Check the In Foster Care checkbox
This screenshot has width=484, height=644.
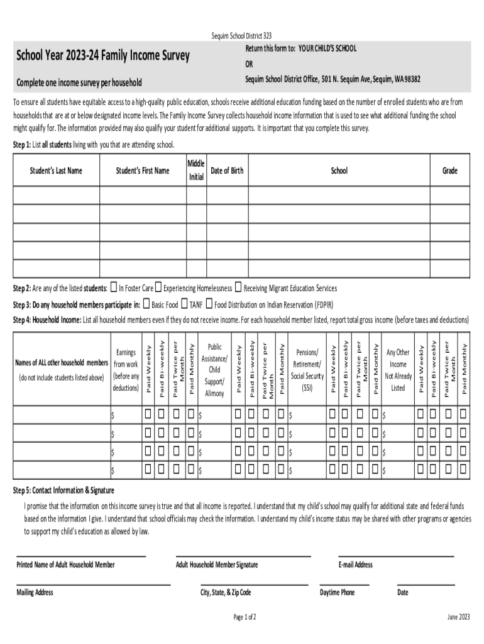(x=113, y=288)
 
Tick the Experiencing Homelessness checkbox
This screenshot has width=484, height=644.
(x=158, y=288)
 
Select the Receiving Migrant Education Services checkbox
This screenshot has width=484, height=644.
(x=238, y=288)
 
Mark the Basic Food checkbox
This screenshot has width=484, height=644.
(x=146, y=304)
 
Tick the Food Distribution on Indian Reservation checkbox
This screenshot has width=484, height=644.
(x=209, y=304)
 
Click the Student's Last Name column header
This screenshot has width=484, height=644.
(x=56, y=170)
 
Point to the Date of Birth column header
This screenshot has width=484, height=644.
(x=227, y=170)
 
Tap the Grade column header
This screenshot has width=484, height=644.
(x=449, y=170)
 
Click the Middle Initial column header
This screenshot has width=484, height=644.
(x=196, y=170)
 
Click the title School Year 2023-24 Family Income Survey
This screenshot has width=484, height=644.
(x=103, y=56)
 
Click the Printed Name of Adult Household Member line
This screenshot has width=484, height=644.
(x=81, y=556)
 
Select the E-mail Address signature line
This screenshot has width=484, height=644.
(x=396, y=556)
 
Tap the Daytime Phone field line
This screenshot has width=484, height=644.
(x=344, y=584)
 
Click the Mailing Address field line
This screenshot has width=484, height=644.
(x=93, y=584)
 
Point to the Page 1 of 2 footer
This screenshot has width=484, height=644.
(x=245, y=617)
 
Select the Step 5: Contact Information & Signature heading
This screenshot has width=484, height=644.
(x=64, y=490)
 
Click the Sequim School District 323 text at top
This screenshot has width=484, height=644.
(x=242, y=36)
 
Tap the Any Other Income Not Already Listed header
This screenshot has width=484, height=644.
(x=398, y=370)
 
